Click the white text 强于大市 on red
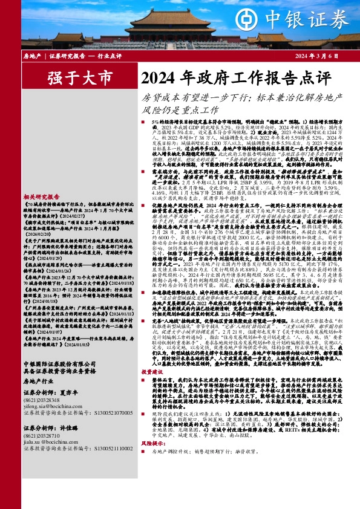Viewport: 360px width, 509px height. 72,78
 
